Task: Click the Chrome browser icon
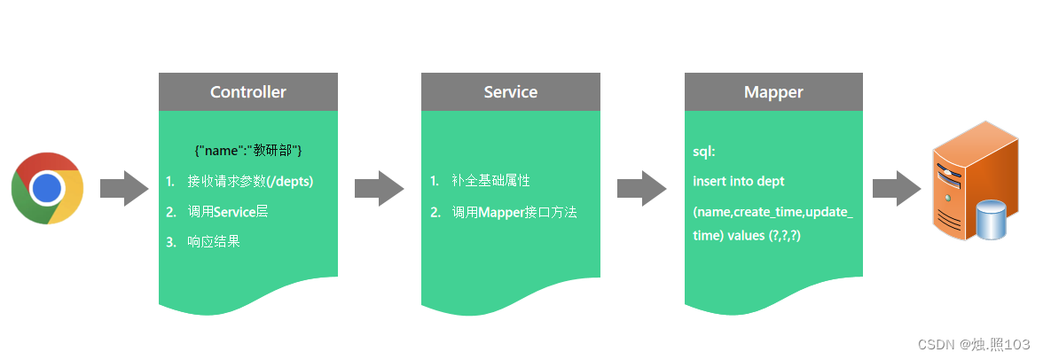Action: [47, 188]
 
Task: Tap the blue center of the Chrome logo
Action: [47, 188]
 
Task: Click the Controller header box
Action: [248, 92]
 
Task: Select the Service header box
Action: [511, 92]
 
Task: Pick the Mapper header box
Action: [773, 92]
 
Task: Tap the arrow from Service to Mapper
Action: [641, 188]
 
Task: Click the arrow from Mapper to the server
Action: [897, 188]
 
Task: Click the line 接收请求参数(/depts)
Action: [250, 182]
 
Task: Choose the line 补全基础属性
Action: [490, 182]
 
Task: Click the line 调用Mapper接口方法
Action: [514, 213]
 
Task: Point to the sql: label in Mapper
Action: [703, 152]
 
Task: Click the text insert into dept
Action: [738, 182]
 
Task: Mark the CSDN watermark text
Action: [973, 344]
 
